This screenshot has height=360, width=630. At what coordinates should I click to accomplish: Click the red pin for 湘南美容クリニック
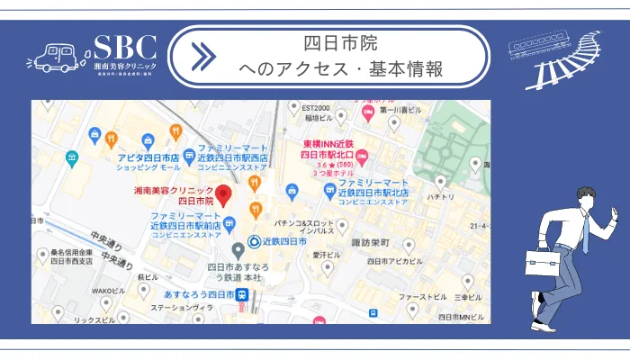[224, 192]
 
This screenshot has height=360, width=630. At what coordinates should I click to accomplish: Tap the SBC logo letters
[125, 49]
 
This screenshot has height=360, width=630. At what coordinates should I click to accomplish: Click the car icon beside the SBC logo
[55, 56]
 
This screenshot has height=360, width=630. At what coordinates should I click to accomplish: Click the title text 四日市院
[340, 43]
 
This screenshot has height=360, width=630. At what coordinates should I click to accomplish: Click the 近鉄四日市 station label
[286, 241]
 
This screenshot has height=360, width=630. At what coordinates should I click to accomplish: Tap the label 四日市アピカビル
[392, 261]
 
